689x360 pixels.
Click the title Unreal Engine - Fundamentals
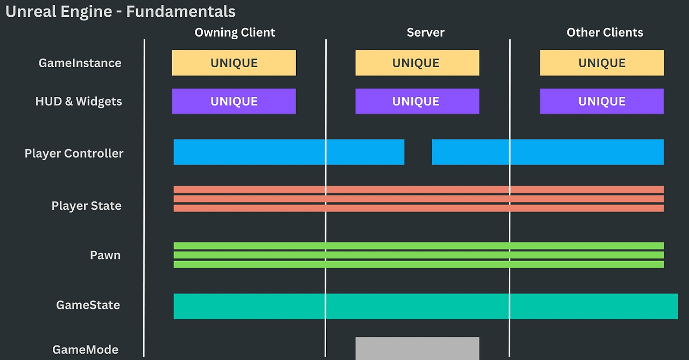tap(120, 12)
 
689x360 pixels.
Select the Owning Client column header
tap(235, 33)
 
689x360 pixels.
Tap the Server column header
tap(425, 32)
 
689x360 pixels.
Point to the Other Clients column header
tap(604, 32)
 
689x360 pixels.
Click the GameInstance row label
tap(80, 63)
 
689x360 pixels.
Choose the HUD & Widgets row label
tap(79, 102)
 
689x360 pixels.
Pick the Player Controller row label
tap(74, 153)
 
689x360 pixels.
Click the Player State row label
tap(87, 206)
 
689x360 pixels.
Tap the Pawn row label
tap(105, 255)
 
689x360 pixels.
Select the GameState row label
tap(88, 305)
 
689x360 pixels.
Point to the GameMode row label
tap(86, 350)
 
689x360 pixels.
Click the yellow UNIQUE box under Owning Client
tap(234, 63)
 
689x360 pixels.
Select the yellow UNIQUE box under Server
tap(417, 63)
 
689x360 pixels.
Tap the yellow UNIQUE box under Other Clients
tap(602, 63)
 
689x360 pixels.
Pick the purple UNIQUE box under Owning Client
tap(234, 101)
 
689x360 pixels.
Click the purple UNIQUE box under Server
tap(417, 101)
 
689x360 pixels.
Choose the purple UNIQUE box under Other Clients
tap(602, 101)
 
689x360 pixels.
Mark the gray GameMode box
tap(417, 348)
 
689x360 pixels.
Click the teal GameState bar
tap(426, 306)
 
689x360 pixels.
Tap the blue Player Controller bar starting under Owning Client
tap(289, 152)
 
